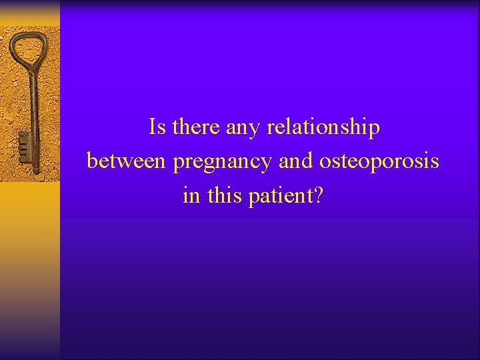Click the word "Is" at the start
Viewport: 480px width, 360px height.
coord(158,127)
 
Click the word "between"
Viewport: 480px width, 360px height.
coord(128,161)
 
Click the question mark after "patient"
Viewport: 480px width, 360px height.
coord(317,196)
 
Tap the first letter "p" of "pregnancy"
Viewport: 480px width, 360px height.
coord(179,164)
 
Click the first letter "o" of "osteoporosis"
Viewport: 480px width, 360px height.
coord(325,162)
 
